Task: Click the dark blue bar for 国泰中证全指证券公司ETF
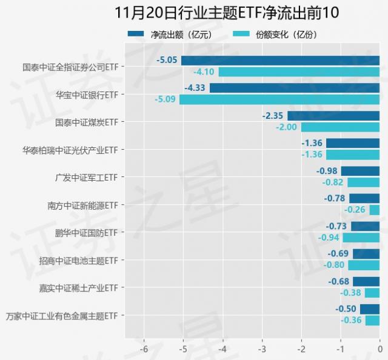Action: tap(280, 61)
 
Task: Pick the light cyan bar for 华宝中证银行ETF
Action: tap(279, 99)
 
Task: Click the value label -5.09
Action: tap(166, 99)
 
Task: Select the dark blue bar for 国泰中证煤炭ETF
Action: tap(333, 116)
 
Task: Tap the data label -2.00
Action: tap(287, 127)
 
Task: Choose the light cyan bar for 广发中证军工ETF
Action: tap(363, 182)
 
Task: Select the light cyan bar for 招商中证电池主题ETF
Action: tap(364, 265)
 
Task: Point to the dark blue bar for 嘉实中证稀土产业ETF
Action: tap(366, 281)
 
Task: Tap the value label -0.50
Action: tap(346, 309)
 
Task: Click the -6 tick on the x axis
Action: tap(144, 350)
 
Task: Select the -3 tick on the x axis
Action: tap(262, 350)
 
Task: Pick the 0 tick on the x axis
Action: tap(380, 350)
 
